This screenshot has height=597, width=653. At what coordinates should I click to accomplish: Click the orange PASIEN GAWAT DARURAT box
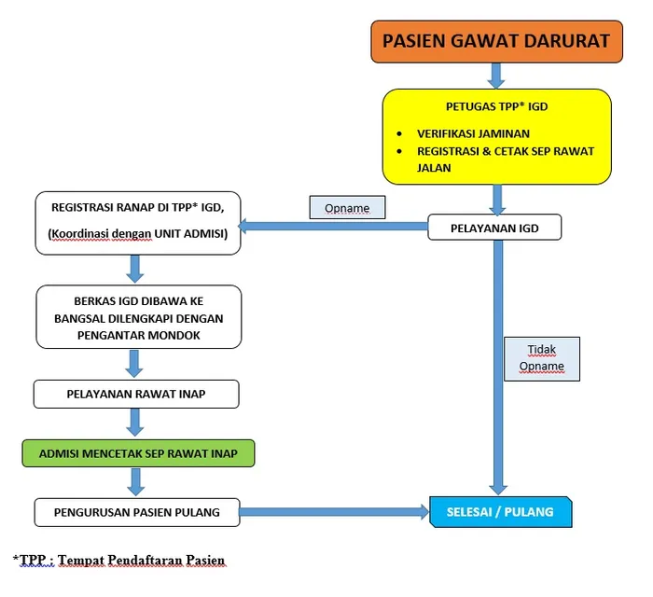click(495, 41)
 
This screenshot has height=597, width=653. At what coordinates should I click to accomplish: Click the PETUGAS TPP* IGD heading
click(496, 106)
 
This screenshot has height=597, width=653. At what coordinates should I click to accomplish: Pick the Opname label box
click(347, 206)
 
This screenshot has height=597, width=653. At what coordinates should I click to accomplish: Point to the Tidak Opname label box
click(541, 358)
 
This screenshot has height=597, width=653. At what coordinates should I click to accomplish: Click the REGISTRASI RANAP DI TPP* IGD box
click(138, 222)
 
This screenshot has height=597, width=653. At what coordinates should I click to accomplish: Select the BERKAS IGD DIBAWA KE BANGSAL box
click(138, 316)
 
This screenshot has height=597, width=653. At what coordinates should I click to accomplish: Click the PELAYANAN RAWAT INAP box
click(136, 394)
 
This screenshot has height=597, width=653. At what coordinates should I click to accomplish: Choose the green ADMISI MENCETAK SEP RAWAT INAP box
click(138, 453)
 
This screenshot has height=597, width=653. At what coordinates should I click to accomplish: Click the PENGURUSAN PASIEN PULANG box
click(136, 511)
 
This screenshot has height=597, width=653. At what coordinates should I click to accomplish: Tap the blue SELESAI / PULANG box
click(500, 511)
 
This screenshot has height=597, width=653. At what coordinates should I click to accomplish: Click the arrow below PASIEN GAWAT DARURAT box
click(495, 76)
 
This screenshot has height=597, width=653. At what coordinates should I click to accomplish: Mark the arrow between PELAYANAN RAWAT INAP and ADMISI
click(136, 423)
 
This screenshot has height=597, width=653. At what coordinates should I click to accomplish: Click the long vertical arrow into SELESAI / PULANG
click(497, 373)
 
